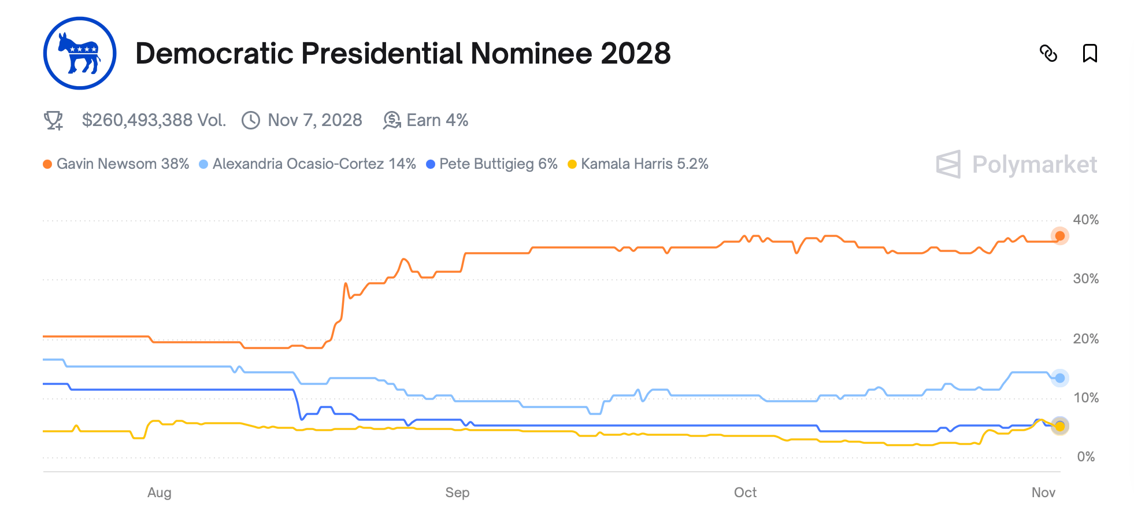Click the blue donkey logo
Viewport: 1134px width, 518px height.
click(x=80, y=53)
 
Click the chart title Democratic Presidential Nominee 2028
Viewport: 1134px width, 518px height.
click(x=403, y=53)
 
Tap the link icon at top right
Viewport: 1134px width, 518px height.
click(x=1048, y=53)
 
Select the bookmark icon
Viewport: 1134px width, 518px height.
click(x=1089, y=53)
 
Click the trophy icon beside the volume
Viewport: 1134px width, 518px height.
click(x=54, y=120)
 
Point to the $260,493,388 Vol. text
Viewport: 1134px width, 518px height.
click(x=154, y=120)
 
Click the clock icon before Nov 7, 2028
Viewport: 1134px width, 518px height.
click(x=251, y=120)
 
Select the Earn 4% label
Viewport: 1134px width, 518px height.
click(x=437, y=120)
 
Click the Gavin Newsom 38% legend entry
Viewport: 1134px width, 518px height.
click(x=116, y=164)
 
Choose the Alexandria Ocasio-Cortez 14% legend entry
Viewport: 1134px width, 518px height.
click(x=307, y=164)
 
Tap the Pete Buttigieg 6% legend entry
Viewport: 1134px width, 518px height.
click(x=492, y=164)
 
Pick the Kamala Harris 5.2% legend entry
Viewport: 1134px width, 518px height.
click(x=638, y=164)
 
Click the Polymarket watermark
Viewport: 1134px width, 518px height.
click(x=1017, y=165)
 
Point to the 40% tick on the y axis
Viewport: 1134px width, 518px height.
click(x=1085, y=220)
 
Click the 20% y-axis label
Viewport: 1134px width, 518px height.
click(x=1085, y=339)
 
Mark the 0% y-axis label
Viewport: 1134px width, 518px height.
click(x=1085, y=457)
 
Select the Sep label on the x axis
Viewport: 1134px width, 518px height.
click(x=457, y=493)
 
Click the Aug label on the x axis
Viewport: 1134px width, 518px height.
click(x=160, y=493)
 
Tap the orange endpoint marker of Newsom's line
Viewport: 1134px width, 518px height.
click(x=1059, y=236)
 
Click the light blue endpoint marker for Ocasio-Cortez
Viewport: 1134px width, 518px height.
click(x=1059, y=378)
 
